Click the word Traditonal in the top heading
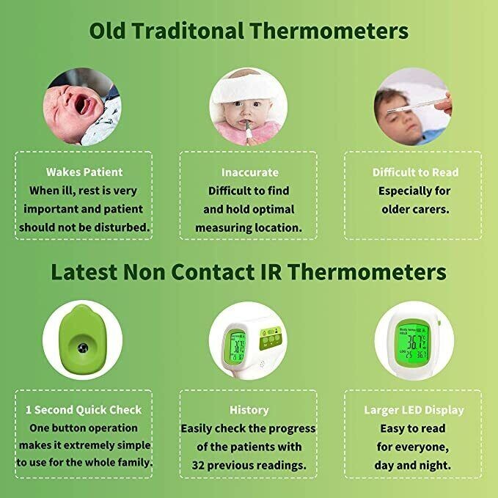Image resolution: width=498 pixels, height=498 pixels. click(188, 31)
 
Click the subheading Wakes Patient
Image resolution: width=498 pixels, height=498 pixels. click(84, 172)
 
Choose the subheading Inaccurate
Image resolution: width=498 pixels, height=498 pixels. click(250, 172)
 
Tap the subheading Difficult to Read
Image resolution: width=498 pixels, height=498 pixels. click(415, 172)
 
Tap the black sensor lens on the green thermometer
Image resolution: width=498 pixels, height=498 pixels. click(83, 348)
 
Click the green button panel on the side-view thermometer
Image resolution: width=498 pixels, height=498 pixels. click(271, 338)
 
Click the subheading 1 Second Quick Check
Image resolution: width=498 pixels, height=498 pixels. click(84, 410)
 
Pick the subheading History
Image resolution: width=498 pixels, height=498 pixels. click(249, 410)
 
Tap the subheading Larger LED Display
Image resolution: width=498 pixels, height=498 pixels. click(414, 410)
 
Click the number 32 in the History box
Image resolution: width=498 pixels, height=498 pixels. click(197, 465)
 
